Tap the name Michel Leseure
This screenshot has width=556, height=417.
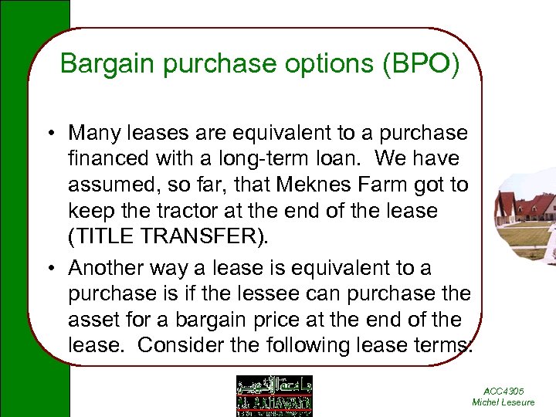pos(503,402)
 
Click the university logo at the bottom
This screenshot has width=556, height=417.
pos(274,395)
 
